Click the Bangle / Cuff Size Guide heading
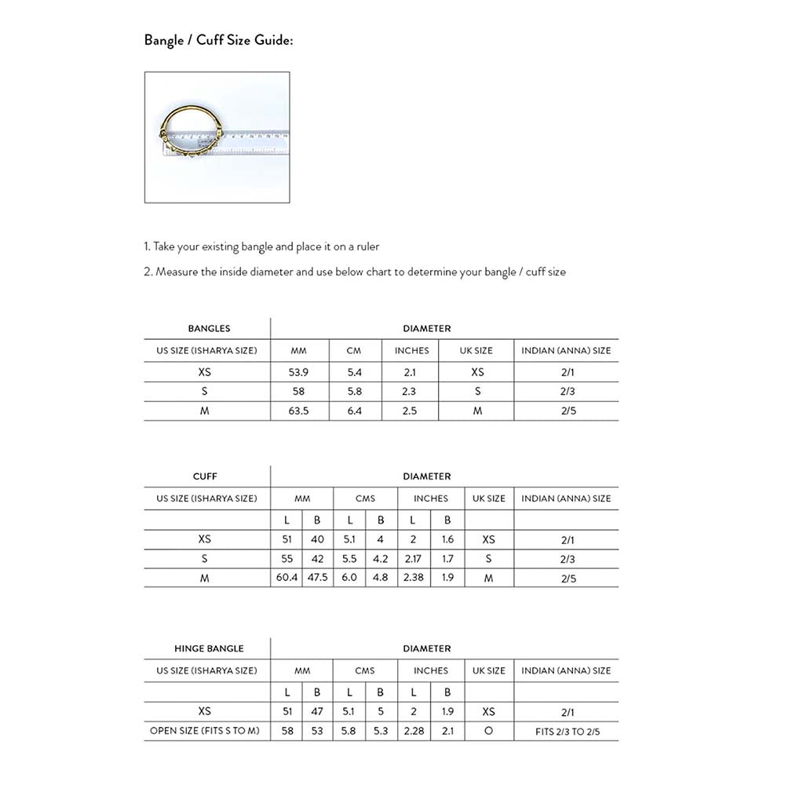218,40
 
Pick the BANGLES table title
209,329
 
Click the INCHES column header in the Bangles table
411,350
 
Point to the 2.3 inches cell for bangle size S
409,391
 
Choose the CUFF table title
205,476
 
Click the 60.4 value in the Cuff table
287,578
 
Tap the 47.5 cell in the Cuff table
317,578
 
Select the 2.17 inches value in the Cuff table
413,559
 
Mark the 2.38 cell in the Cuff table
413,578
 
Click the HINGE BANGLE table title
209,648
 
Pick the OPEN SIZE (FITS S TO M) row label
205,732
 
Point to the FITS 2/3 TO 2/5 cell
566,732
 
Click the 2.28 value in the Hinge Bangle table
413,732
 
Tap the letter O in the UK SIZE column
488,732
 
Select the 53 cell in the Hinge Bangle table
317,732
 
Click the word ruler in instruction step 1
367,246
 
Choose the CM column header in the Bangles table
353,350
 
